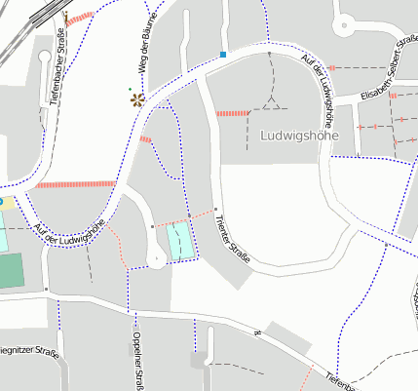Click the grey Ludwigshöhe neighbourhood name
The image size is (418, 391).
[299, 136]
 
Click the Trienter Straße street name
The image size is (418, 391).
[233, 240]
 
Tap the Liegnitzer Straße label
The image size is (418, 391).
[27, 349]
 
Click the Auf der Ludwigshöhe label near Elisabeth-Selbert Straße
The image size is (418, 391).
[322, 92]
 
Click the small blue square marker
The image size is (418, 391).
[223, 55]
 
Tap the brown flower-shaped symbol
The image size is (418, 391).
[135, 98]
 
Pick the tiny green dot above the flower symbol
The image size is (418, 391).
[131, 89]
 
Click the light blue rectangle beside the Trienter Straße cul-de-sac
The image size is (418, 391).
[180, 240]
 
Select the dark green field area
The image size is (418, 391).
[9, 270]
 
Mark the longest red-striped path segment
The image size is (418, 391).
[76, 183]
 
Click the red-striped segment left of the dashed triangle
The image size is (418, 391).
[234, 113]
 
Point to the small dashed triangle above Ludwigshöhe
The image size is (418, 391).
[273, 102]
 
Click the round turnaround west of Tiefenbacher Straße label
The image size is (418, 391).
[44, 57]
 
